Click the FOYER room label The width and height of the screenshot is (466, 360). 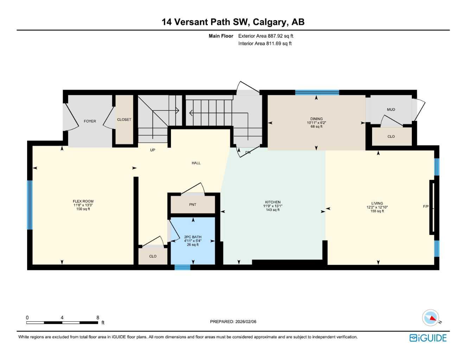[90, 121]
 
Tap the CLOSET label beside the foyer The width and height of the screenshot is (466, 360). [124, 120]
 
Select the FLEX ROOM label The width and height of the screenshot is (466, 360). [83, 201]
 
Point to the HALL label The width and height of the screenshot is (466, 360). [196, 163]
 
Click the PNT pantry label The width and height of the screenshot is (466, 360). [192, 205]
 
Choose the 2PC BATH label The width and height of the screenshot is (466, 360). [193, 237]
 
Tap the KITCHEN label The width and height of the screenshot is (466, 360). [273, 202]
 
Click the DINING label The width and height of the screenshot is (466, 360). [316, 119]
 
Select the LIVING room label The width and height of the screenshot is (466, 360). [377, 203]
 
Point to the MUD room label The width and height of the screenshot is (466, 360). [391, 110]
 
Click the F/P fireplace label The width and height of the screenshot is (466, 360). [426, 206]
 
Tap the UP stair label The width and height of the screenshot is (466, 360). [153, 150]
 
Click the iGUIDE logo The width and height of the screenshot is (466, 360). [428, 338]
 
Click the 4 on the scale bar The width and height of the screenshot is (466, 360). [62, 317]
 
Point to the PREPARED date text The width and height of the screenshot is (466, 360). [233, 321]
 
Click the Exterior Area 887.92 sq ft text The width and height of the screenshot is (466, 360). [266, 36]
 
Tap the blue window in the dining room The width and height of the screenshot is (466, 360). [317, 92]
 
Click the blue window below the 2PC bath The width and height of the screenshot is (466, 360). [182, 268]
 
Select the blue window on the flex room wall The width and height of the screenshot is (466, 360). [30, 205]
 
